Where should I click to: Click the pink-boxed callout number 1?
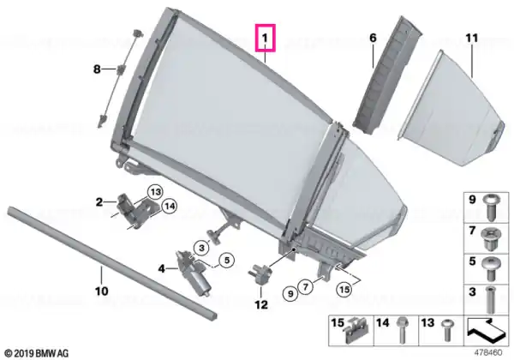click(265, 39)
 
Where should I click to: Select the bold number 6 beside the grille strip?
click(373, 38)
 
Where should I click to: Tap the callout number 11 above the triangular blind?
click(472, 38)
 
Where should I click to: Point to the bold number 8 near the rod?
click(97, 69)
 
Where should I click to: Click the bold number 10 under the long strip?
click(102, 291)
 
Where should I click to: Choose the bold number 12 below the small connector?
click(261, 304)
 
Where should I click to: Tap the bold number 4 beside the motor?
click(162, 269)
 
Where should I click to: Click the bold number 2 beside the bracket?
click(99, 202)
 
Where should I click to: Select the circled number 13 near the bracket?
click(155, 192)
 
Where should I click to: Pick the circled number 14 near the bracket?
click(169, 207)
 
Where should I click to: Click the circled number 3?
click(201, 248)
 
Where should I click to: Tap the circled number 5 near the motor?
click(227, 261)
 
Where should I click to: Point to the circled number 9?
click(290, 293)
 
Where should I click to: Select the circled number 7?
click(306, 287)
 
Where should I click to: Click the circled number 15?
click(344, 289)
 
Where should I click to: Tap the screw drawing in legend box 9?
click(492, 207)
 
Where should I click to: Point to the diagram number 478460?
click(488, 353)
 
